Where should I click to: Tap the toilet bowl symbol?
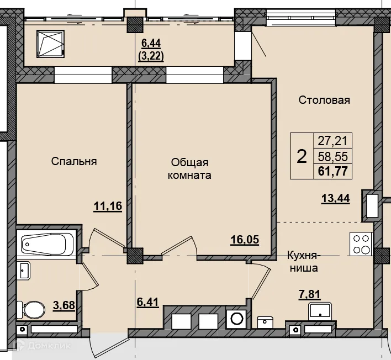(x=31, y=309)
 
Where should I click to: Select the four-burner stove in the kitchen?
(x=361, y=244)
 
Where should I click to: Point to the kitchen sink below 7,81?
(x=320, y=311)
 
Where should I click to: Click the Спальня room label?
(x=74, y=161)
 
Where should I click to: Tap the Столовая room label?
(x=324, y=100)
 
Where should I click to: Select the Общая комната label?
(x=189, y=169)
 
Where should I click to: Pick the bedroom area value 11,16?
(x=108, y=207)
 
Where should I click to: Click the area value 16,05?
(x=245, y=240)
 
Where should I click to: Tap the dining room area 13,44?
(x=336, y=199)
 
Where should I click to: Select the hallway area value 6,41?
(x=148, y=302)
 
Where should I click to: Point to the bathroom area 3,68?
(x=64, y=305)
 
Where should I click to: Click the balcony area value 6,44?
(x=151, y=44)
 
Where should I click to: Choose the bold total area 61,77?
(x=333, y=171)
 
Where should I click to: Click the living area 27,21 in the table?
(x=332, y=141)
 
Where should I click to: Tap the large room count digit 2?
(x=302, y=157)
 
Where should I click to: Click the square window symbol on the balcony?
(x=50, y=44)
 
